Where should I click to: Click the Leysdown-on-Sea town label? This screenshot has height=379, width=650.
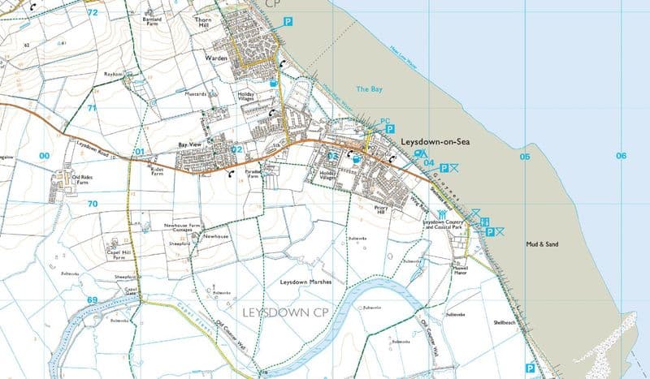click(435, 140)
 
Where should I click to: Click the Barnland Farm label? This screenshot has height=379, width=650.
click(152, 20)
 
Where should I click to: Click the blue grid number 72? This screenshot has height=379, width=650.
click(92, 13)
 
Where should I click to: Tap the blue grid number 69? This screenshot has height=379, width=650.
click(92, 300)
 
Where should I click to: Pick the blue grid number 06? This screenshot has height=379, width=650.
click(622, 156)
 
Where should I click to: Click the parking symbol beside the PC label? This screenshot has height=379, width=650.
click(390, 129)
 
